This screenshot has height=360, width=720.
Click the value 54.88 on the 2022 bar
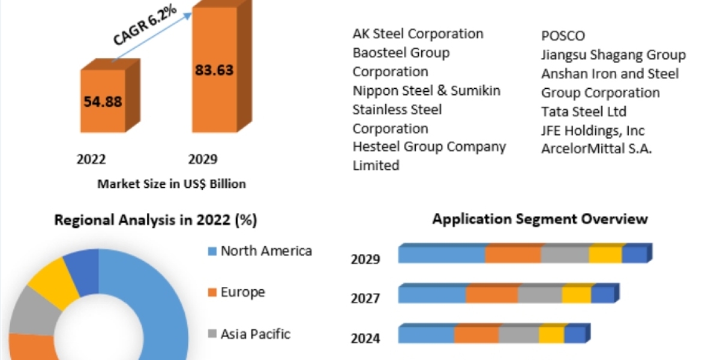(x=103, y=101)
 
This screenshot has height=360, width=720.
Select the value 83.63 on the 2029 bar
(x=214, y=70)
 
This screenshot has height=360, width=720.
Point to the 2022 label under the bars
(x=91, y=159)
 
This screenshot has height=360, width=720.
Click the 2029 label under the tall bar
(x=203, y=159)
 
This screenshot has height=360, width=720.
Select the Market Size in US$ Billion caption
(x=172, y=184)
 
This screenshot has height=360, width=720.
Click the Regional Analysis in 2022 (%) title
(x=155, y=220)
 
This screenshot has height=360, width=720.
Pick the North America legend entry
(x=266, y=251)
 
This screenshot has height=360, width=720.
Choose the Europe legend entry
(x=242, y=292)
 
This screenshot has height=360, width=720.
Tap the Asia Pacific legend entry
(x=255, y=334)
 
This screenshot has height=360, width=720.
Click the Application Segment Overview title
(x=540, y=218)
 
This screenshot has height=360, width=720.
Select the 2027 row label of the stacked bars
(x=365, y=298)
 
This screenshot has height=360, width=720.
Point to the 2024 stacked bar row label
(x=365, y=338)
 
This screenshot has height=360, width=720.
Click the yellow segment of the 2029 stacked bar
(x=605, y=255)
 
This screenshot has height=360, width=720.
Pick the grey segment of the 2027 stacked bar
(x=540, y=295)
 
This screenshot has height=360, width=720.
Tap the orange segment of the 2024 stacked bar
(x=476, y=335)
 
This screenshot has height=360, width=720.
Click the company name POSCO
(x=563, y=36)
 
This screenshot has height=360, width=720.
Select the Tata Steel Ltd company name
(x=584, y=112)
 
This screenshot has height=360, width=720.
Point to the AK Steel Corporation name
(x=418, y=34)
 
